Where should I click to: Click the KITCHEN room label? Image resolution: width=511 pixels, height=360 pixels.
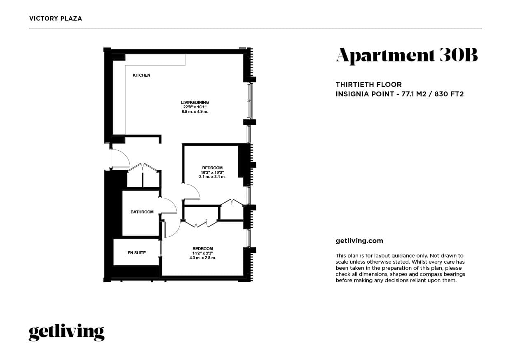[141, 75]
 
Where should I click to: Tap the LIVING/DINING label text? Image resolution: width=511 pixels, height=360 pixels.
[195, 102]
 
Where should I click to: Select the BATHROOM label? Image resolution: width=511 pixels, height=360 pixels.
[142, 212]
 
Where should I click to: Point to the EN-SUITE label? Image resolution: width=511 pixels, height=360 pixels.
[136, 252]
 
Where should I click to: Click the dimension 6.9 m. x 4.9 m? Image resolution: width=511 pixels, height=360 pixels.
[195, 112]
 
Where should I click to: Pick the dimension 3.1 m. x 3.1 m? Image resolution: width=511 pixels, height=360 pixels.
[212, 177]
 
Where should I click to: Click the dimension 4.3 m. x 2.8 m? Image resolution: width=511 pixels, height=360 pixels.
[202, 258]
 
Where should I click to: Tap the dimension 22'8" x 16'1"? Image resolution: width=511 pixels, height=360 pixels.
[195, 107]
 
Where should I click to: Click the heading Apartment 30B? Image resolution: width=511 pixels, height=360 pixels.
[407, 56]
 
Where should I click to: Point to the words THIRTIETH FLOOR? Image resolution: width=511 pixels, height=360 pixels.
[368, 84]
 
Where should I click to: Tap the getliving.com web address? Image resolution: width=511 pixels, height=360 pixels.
[359, 241]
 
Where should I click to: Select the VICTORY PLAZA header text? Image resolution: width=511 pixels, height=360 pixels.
[56, 19]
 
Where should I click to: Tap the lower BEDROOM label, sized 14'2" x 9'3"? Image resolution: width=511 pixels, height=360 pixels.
[203, 248]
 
